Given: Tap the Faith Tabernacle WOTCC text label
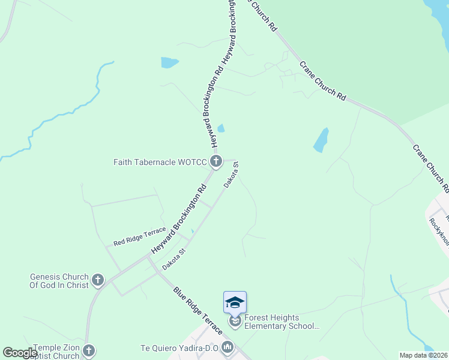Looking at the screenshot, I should point(161,162).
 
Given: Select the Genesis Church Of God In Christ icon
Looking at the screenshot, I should point(98,280).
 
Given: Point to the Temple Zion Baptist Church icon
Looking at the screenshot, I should point(89,350).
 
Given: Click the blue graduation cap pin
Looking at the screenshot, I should point(235,302).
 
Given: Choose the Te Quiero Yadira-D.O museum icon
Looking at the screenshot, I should point(228,347).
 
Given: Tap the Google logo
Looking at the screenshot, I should point(20,353).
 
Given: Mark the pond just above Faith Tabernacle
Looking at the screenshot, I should point(221,128).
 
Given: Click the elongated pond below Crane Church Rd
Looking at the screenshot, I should point(321,140).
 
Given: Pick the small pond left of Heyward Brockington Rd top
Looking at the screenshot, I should point(169,62).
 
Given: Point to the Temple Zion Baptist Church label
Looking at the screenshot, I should point(56,352).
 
